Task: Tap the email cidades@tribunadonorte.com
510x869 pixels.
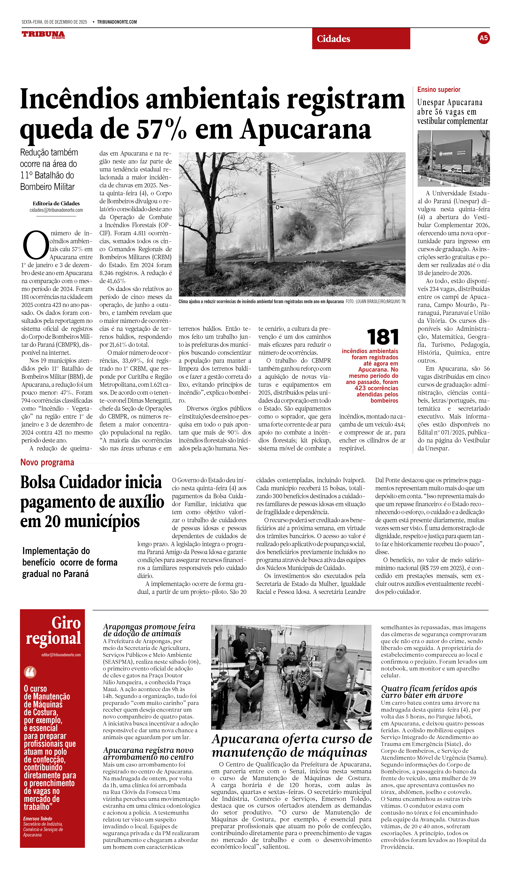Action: tap(56, 210)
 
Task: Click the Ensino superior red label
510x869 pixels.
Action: tap(439, 90)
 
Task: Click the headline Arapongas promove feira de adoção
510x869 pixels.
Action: tap(149, 630)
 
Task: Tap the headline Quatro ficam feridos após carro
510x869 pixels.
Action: tap(429, 692)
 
